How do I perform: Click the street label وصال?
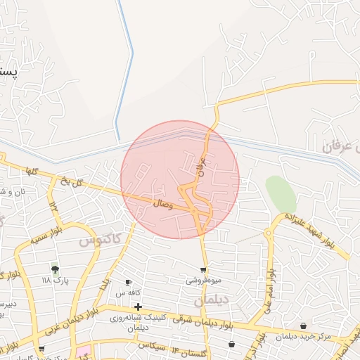tap(162, 203)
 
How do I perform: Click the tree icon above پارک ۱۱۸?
tap(55, 269)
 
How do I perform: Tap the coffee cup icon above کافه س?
tap(128, 282)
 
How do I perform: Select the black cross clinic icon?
tap(138, 307)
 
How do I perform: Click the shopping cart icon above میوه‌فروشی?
tap(203, 270)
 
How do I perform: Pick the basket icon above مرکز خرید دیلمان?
tap(303, 326)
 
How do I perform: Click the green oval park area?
tap(280, 193)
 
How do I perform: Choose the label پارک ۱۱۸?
tap(56, 281)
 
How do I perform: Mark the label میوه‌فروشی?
tap(203, 280)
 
